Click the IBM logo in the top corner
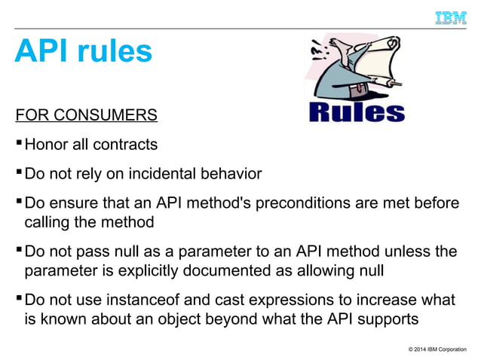[x=450, y=17]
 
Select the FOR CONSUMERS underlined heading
[x=87, y=115]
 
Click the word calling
[x=47, y=222]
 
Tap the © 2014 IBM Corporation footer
[x=437, y=349]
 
